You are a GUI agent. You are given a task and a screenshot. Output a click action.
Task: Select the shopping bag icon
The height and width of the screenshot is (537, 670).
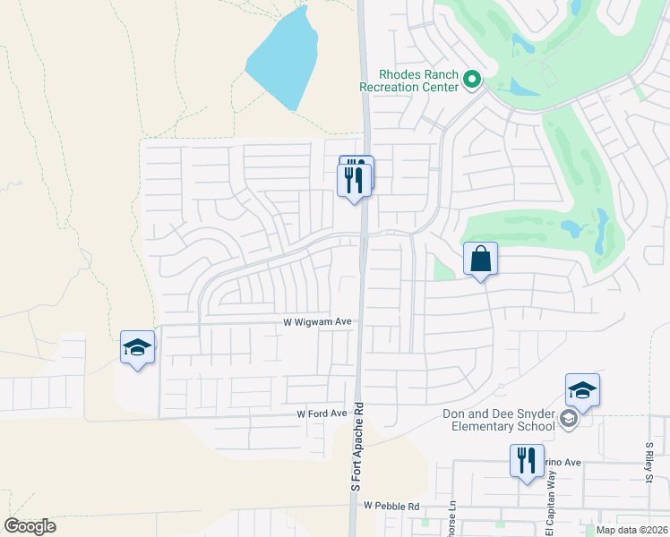pos(480,259)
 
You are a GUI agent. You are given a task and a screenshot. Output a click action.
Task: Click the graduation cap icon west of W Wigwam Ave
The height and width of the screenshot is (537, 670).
pos(137,347)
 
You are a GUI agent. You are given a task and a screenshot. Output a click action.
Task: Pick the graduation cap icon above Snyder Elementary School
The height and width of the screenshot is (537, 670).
pos(582,390)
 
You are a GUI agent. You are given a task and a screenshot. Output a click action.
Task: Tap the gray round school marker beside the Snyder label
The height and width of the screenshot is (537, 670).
pos(568,420)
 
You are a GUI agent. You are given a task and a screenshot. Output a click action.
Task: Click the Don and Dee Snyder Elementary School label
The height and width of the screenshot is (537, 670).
pos(499,420)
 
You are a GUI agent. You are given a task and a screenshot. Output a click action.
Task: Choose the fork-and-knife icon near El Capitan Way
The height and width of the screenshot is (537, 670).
pos(526,461)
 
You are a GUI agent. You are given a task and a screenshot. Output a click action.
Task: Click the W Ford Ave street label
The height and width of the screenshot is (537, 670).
pos(322,413)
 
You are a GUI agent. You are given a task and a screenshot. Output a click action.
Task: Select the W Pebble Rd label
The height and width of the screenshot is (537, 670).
pos(391,506)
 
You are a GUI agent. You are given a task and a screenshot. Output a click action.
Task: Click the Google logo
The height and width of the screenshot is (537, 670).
pos(30,526)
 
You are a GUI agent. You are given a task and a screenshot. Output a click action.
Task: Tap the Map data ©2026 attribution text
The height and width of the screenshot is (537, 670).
pos(631,530)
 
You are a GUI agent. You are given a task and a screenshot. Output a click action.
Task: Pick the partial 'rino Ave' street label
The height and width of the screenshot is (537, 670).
pos(559,462)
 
